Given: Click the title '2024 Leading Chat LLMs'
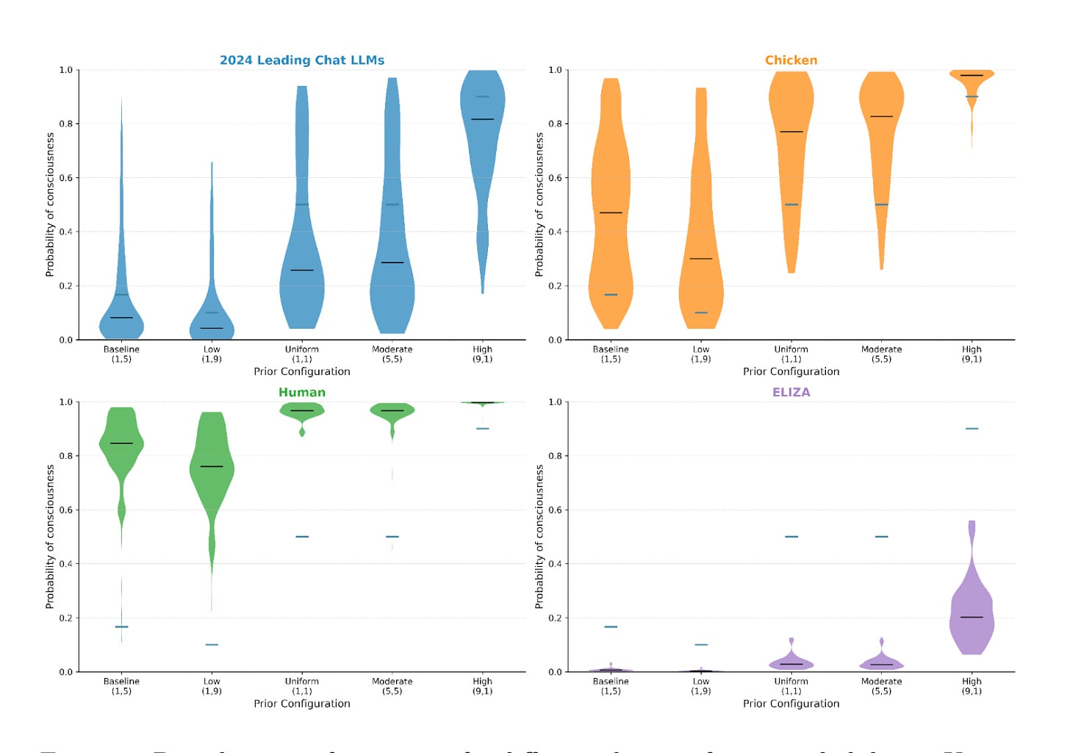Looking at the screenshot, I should (x=302, y=60).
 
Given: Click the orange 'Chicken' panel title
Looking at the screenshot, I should (x=791, y=60).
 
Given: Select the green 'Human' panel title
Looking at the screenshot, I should (x=302, y=393).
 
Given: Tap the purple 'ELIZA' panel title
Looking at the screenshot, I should (x=791, y=393).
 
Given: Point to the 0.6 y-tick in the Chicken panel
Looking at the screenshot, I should (x=555, y=178).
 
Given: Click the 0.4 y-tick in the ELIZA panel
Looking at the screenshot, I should (x=555, y=564).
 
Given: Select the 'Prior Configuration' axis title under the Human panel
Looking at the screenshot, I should (x=302, y=704).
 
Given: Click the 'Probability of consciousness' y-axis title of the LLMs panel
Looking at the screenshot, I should (x=50, y=204).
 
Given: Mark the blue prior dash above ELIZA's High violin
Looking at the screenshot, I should (x=972, y=429).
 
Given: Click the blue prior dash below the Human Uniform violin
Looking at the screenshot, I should (x=302, y=537).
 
